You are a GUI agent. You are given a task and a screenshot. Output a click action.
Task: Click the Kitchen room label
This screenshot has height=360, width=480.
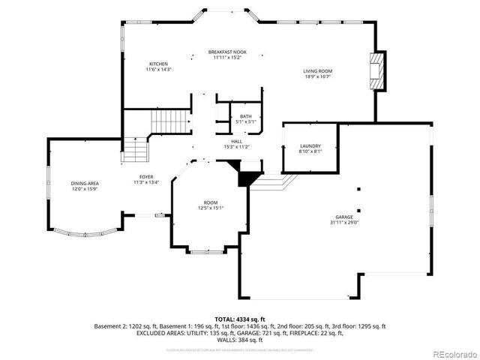tap(158, 64)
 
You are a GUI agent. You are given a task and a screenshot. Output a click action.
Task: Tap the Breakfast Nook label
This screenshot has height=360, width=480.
tap(227, 52)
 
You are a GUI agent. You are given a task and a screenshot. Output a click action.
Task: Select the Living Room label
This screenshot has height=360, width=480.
tap(318, 71)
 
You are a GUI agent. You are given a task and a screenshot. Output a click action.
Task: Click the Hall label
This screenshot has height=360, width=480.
tap(236, 141)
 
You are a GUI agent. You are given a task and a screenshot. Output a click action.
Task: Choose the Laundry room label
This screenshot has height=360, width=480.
tap(310, 145)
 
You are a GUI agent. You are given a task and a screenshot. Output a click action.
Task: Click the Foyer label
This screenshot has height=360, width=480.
tap(146, 177)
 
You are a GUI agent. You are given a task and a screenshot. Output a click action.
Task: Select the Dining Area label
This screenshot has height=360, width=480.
tap(84, 184)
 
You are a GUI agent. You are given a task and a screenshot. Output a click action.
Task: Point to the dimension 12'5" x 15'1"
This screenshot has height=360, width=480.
tap(211, 208)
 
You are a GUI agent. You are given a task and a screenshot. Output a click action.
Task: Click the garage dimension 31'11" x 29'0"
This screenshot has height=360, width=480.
tap(344, 223)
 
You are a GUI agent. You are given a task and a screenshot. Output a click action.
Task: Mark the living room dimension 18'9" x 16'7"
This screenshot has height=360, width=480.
tap(318, 76)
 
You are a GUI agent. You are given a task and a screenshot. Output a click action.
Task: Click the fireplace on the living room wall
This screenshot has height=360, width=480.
tap(379, 71)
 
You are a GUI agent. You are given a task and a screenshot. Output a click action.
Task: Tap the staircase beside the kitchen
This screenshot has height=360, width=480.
tap(170, 120)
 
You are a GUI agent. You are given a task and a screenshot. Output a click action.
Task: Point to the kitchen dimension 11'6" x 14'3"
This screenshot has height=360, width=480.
tap(158, 69)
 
